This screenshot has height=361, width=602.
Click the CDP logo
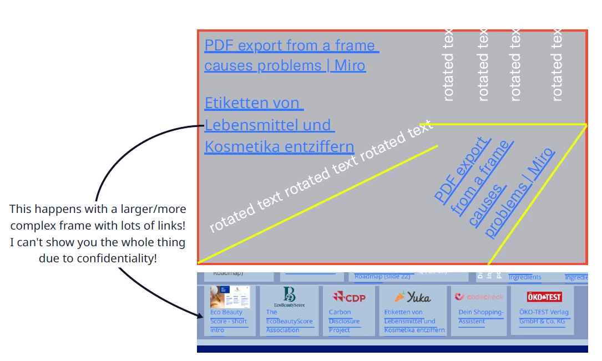(x=349, y=297)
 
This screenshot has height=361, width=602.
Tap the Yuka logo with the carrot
(x=412, y=297)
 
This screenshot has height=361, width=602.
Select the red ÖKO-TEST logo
(x=544, y=297)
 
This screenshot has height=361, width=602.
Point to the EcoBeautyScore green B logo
(x=289, y=295)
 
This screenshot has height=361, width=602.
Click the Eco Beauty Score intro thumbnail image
(x=230, y=297)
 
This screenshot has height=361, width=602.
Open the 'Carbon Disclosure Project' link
(x=343, y=321)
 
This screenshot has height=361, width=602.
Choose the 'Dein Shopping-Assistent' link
(x=480, y=317)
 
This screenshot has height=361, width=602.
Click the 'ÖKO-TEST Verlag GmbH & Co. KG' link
(x=544, y=317)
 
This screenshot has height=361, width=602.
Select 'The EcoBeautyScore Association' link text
(x=289, y=321)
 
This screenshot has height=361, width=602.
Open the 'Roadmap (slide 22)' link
(x=382, y=276)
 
